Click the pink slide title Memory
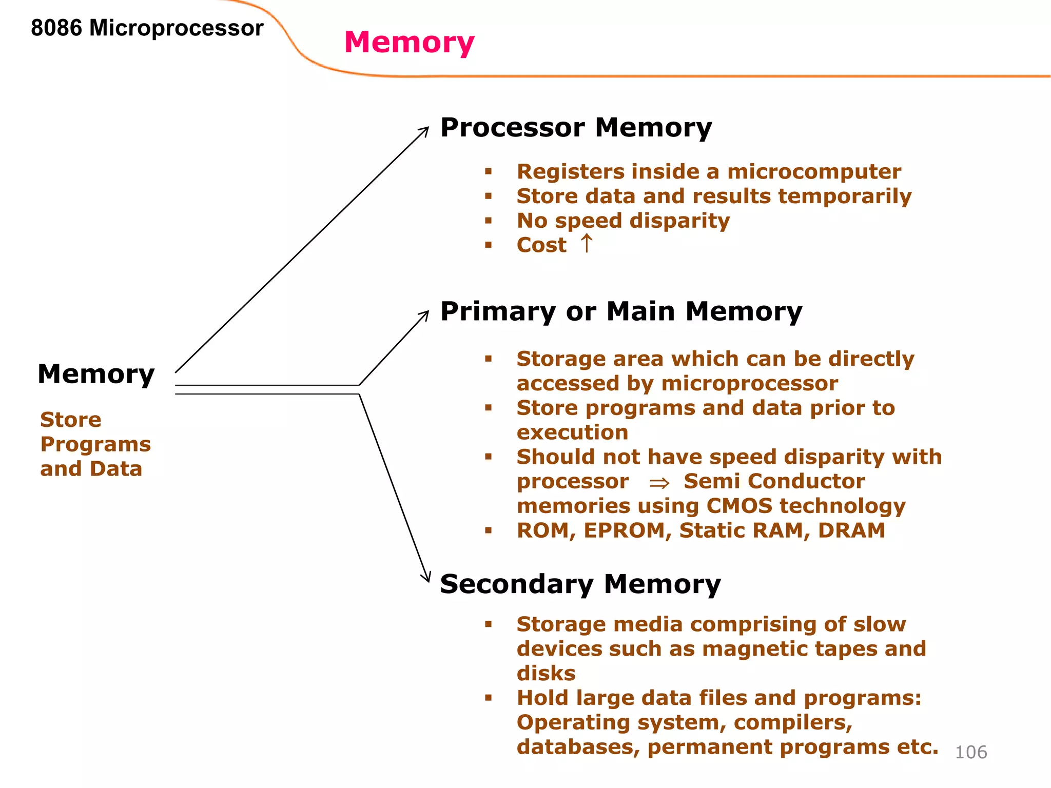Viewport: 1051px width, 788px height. [x=409, y=42]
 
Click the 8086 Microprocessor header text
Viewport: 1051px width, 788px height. [x=147, y=28]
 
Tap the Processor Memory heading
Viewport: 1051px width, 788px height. [x=576, y=127]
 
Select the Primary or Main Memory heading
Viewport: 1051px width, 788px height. [x=621, y=311]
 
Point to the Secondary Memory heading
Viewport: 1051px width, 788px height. [x=580, y=584]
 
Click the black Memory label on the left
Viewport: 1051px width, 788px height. [x=96, y=373]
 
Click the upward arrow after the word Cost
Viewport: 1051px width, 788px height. [x=587, y=244]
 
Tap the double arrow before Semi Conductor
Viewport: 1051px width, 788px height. [x=659, y=483]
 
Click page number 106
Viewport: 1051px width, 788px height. [x=970, y=752]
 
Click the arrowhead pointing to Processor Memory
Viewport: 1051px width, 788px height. [x=425, y=130]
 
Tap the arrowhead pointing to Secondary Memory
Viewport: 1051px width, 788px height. [x=427, y=578]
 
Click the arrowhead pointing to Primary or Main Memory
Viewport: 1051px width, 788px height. [x=425, y=314]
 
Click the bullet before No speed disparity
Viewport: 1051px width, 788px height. [x=488, y=221]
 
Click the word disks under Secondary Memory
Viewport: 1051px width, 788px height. [x=546, y=673]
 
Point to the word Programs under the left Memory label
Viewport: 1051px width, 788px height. [x=95, y=444]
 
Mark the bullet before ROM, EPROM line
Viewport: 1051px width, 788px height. [x=488, y=530]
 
